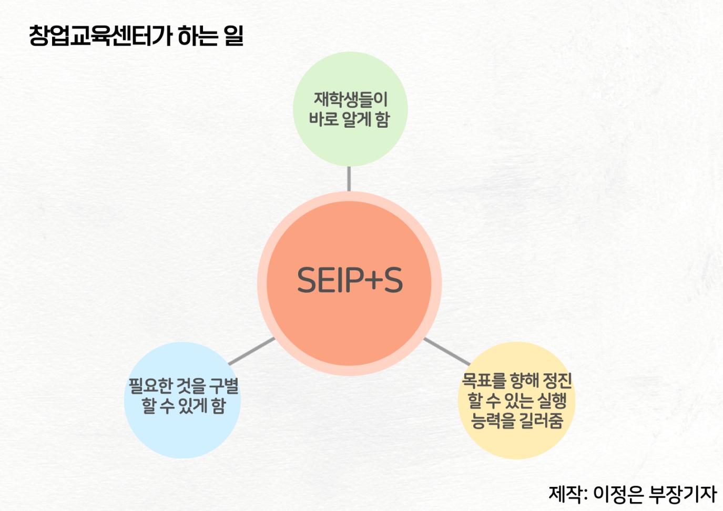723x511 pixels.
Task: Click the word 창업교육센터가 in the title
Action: point(100,36)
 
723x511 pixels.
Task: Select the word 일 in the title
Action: point(233,36)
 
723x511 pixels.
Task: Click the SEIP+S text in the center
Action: point(350,280)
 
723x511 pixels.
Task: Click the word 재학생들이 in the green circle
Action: point(351,99)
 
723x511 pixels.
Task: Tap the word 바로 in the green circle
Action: point(322,119)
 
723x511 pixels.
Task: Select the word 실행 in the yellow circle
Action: point(552,401)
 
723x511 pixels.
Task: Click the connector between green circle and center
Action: point(349,179)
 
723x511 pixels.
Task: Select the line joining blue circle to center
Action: point(252,351)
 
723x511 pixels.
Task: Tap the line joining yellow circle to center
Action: point(447,352)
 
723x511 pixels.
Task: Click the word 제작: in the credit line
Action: point(568,494)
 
